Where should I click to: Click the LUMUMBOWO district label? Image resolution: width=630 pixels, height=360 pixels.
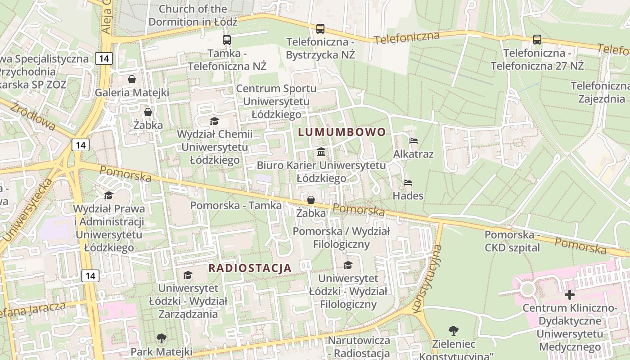tap(342, 132)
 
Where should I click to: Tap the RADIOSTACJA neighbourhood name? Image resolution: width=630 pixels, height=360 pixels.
tap(250, 268)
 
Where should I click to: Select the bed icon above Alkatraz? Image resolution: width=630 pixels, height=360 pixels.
tap(413, 141)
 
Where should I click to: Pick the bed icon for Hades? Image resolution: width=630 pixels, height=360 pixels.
tap(408, 183)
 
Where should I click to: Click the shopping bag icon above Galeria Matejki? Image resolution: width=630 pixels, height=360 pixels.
tap(132, 80)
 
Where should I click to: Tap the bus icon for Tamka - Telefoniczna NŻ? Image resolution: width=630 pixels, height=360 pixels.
tap(227, 40)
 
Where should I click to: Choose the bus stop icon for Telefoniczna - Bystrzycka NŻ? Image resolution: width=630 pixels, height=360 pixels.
tap(320, 29)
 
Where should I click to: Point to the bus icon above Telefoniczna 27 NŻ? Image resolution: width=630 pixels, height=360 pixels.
tap(537, 40)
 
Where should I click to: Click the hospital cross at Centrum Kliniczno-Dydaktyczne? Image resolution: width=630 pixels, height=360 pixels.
tap(570, 295)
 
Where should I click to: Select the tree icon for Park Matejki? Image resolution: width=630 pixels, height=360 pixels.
tap(161, 338)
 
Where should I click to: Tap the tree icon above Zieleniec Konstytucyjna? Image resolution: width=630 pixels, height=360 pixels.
tap(454, 331)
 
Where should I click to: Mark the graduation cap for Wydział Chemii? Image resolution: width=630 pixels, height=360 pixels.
tap(214, 121)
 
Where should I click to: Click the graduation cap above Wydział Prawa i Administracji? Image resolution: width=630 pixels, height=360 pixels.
tap(108, 195)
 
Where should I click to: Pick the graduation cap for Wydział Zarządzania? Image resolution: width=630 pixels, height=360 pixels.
tap(188, 275)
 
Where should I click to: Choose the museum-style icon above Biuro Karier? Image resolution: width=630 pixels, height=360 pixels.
tap(321, 152)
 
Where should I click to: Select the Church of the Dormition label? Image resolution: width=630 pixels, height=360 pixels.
tap(193, 15)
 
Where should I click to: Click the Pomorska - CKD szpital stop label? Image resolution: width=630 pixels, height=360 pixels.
tap(512, 241)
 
